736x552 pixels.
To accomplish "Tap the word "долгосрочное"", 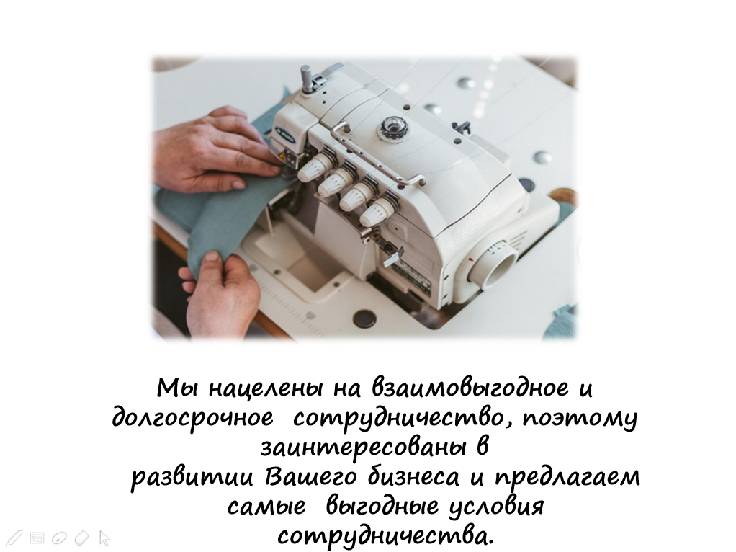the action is tap(192, 417).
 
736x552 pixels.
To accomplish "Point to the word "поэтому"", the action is tap(580, 418).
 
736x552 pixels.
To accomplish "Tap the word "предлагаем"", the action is tap(568, 477).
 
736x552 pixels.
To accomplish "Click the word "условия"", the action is tap(498, 507).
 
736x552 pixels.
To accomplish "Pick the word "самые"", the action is tap(266, 507).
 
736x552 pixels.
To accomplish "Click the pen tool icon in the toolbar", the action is tap(14, 538).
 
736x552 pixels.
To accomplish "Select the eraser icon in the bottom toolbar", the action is tap(81, 538).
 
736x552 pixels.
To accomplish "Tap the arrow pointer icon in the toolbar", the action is tap(104, 538).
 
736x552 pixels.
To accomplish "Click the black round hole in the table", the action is tap(364, 319).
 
